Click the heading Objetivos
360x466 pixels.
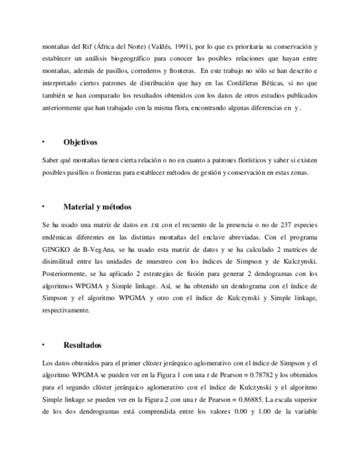click(x=80, y=142)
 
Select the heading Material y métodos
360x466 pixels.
click(x=97, y=207)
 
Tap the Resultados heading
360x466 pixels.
click(x=82, y=345)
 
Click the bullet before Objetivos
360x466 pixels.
click(x=43, y=142)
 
